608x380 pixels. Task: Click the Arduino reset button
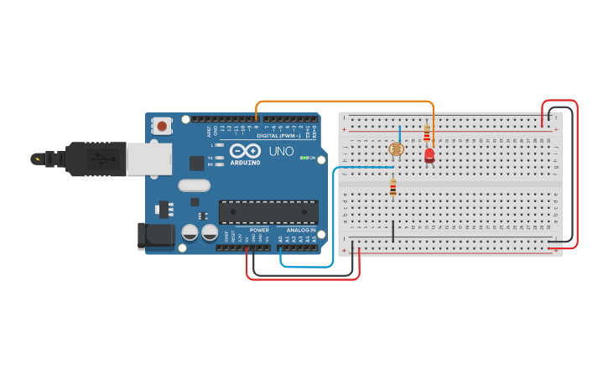point(161,127)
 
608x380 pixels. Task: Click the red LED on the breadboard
point(429,155)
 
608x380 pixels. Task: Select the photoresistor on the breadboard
point(395,150)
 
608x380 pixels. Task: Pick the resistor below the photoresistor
point(392,188)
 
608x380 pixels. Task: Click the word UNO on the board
point(281,152)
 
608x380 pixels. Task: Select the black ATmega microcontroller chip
point(268,211)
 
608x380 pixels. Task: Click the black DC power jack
point(155,236)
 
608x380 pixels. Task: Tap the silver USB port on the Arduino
point(149,159)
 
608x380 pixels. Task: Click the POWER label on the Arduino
point(259,230)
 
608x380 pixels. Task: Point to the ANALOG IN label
point(301,230)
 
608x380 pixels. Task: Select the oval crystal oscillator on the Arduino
point(193,186)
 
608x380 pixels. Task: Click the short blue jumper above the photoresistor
point(399,134)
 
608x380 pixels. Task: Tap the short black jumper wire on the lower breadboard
point(393,232)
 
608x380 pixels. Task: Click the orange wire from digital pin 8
point(344,102)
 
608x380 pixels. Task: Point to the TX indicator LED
point(219,158)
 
